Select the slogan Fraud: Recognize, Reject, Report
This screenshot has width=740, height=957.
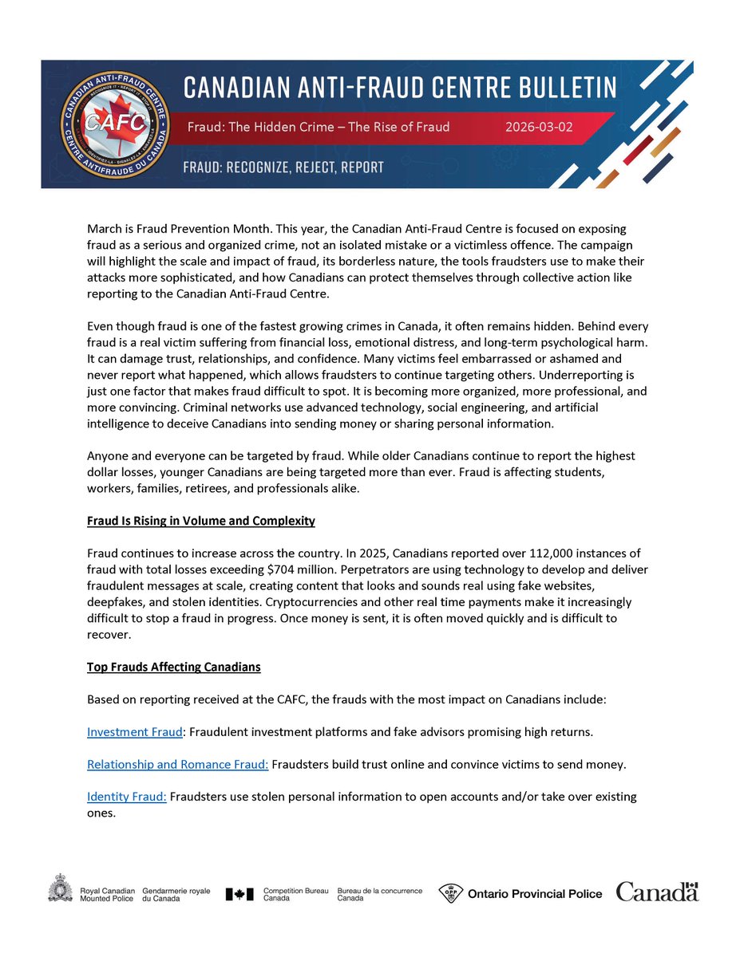coord(283,167)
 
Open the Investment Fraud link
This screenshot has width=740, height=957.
coord(129,731)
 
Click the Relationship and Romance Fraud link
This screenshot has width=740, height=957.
coord(177,764)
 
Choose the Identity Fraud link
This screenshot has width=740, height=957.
coord(126,797)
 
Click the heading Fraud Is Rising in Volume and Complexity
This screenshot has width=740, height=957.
coord(200,521)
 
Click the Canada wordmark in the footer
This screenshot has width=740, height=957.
coord(656,892)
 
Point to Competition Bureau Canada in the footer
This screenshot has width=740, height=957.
coord(286,894)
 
